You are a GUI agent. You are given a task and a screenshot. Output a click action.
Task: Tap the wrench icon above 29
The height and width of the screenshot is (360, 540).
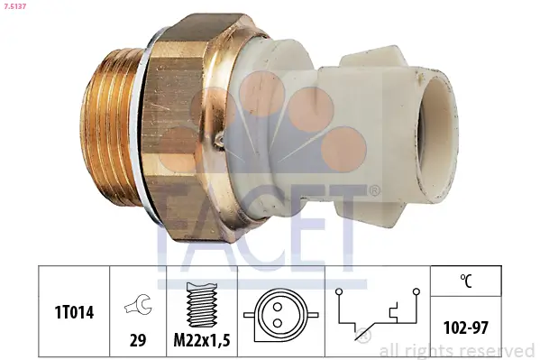[138, 308]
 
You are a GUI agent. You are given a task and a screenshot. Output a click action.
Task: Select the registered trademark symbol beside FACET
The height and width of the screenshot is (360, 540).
[374, 190]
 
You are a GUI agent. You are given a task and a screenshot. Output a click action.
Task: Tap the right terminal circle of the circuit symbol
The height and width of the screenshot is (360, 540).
[416, 292]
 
